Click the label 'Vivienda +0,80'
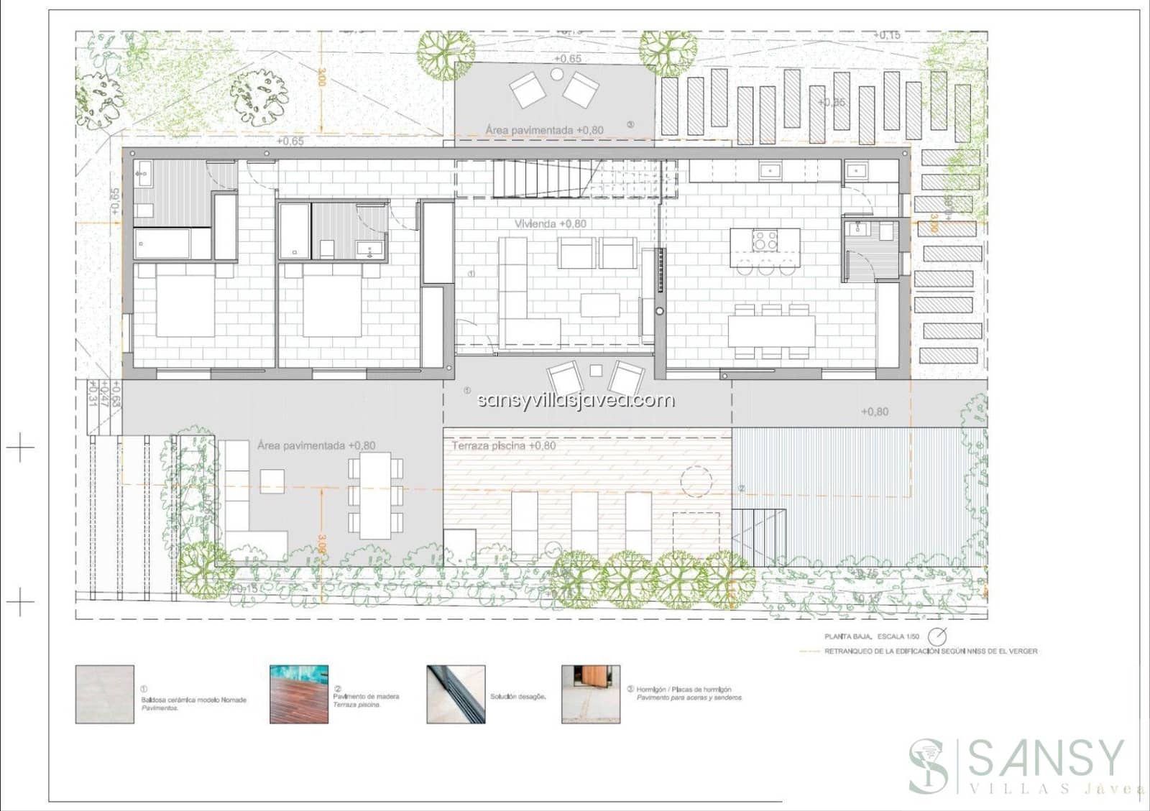[550, 224]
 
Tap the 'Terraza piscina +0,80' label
[503, 445]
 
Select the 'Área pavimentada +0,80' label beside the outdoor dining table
[316, 445]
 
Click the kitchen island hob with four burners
[765, 240]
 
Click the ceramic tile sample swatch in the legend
[105, 694]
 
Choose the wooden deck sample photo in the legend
[299, 694]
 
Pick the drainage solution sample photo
[456, 694]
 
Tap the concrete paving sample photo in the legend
[591, 694]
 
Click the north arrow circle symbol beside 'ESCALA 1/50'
[937, 636]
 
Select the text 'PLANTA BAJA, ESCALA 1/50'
[871, 636]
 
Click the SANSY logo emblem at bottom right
[929, 766]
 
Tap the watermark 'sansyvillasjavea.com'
[576, 400]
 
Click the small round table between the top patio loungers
[557, 74]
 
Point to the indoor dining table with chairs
[771, 331]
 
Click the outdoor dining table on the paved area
[375, 496]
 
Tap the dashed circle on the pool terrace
[696, 481]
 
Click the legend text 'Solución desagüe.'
[517, 697]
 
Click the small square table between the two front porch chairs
[596, 371]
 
